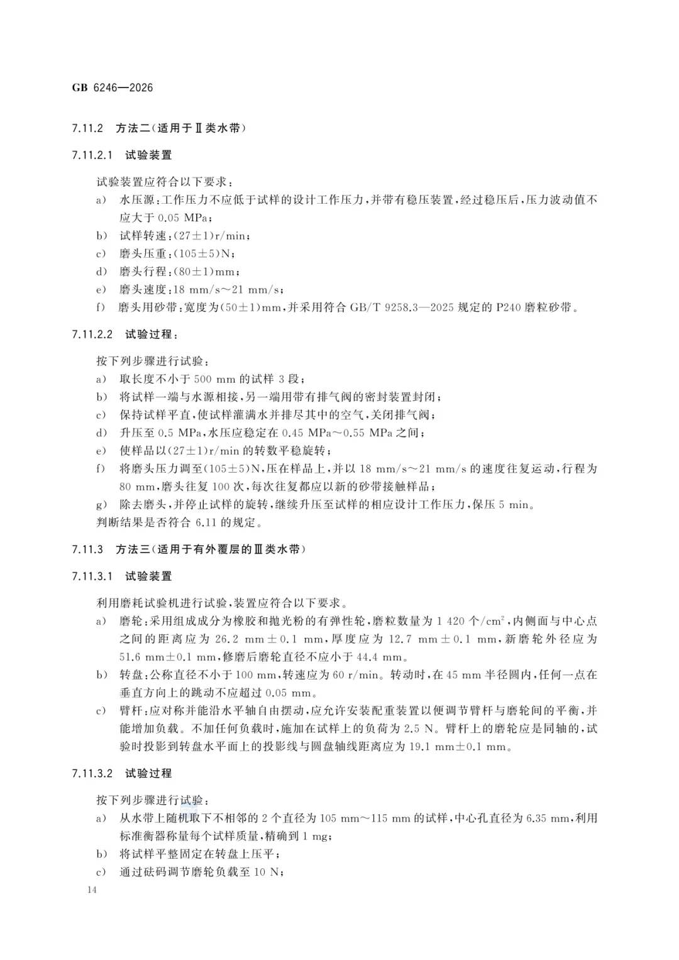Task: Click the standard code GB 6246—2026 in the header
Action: coord(113,87)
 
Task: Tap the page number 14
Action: coord(92,890)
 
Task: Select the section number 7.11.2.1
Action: coord(92,155)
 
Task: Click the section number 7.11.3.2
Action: coord(92,773)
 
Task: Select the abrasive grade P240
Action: coord(507,307)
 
